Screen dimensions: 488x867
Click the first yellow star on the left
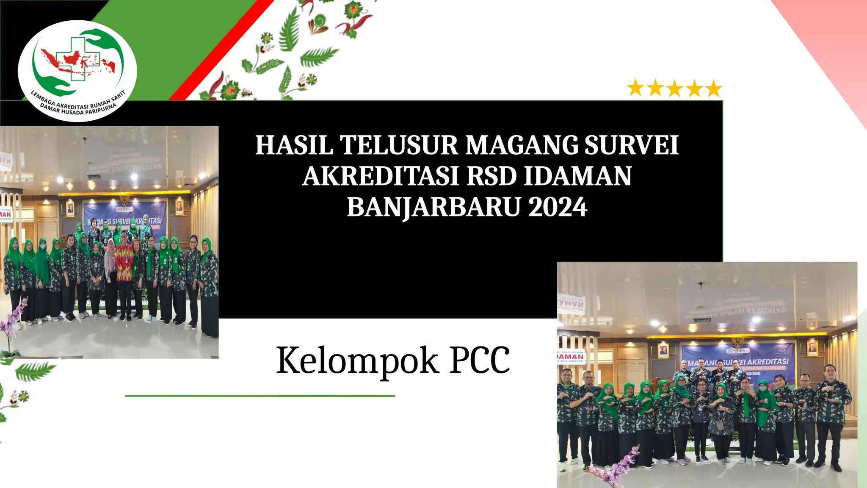(x=635, y=88)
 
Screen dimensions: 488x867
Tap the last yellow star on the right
(x=714, y=88)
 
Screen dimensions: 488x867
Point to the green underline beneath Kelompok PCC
(x=260, y=396)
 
